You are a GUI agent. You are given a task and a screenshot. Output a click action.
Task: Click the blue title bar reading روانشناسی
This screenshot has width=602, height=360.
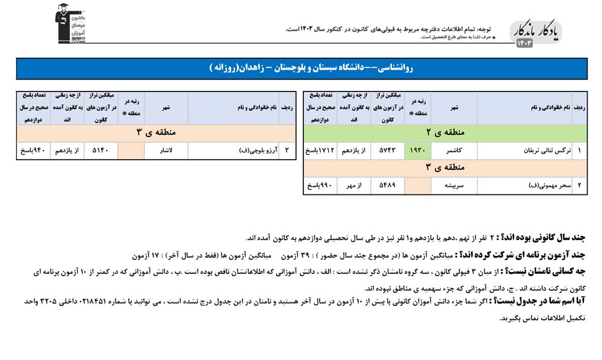coord(302,68)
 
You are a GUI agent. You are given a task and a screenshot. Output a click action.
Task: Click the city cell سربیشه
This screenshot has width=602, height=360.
coord(455,185)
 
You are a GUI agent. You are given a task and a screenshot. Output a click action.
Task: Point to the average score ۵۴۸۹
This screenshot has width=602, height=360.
coord(388,185)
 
